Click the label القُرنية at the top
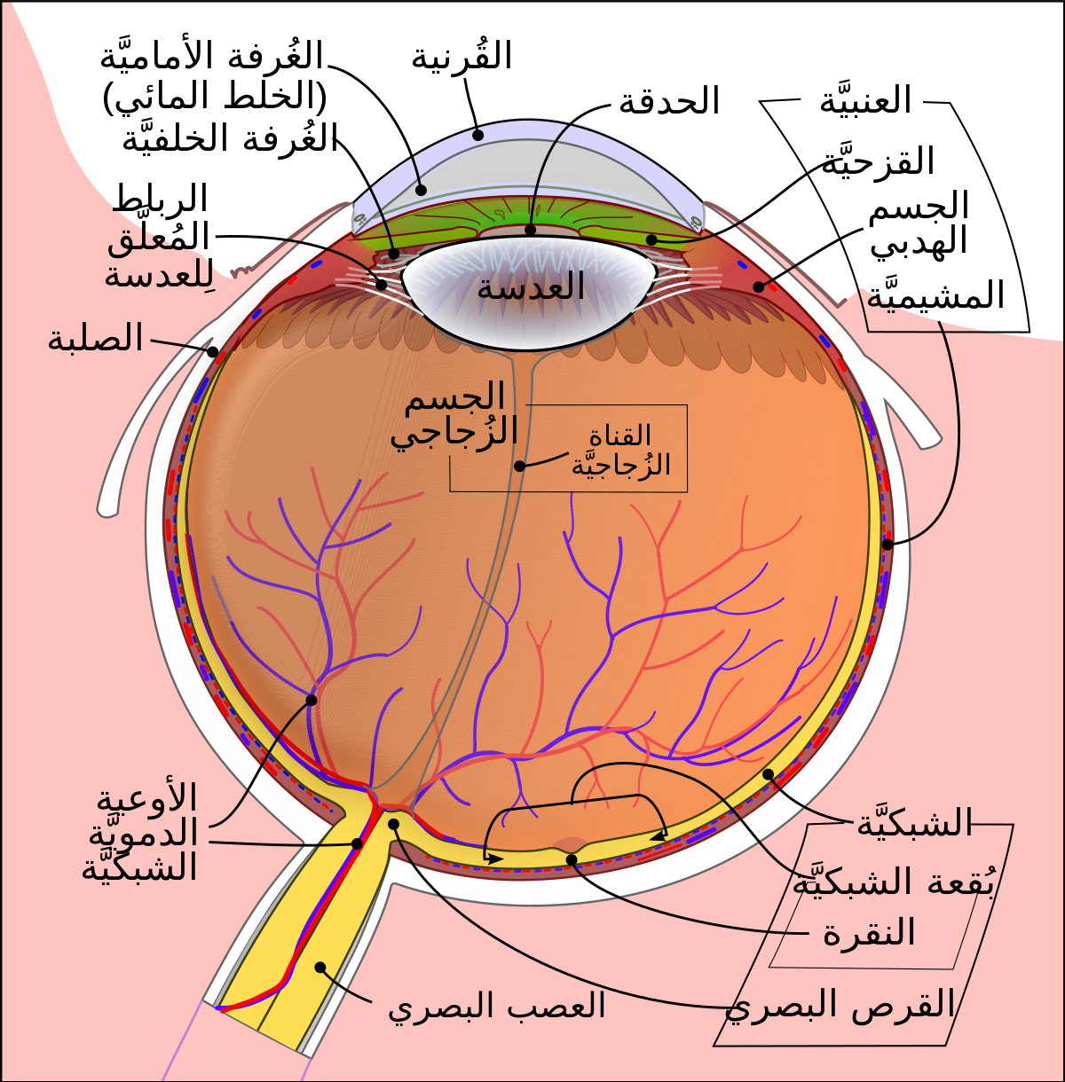(461, 56)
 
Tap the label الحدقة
(669, 102)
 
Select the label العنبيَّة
(865, 100)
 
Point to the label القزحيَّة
(878, 161)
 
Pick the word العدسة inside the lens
(531, 287)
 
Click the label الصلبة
(95, 339)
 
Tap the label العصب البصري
(496, 1005)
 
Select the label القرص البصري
(840, 1004)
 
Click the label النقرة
(869, 931)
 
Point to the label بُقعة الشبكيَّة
(893, 880)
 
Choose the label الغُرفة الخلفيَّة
(229, 137)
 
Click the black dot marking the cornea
(477, 135)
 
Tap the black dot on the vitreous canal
(520, 466)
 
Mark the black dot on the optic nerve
(320, 967)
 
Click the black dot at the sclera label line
(212, 352)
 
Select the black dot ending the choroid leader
(887, 544)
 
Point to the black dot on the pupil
(531, 230)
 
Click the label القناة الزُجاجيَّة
(620, 450)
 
